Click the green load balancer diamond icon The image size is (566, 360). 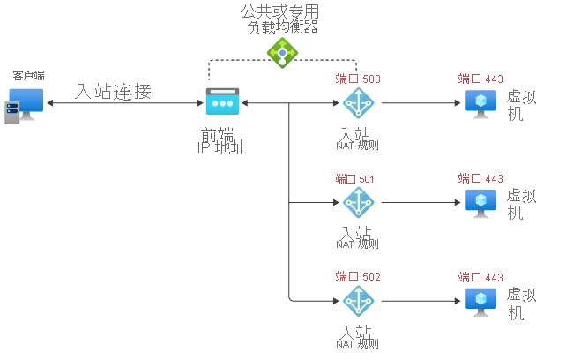tap(282, 53)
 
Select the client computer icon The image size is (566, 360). tap(24, 105)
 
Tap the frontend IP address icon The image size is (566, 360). tap(222, 102)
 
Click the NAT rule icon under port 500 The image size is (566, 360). tap(358, 103)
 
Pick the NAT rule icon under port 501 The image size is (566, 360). tap(358, 202)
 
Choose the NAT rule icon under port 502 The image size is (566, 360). tap(358, 301)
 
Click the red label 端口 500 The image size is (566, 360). tap(358, 79)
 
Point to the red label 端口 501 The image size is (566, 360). tap(355, 179)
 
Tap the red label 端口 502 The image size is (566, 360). tap(358, 277)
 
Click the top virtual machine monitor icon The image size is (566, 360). tap(481, 103)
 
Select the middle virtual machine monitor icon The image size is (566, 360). tap(481, 202)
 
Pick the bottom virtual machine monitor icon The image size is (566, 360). tap(481, 301)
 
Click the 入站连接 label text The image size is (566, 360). tap(114, 91)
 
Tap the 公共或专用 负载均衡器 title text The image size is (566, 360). tap(280, 19)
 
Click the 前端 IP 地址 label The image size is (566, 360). tap(221, 141)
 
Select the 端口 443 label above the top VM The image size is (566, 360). tap(480, 79)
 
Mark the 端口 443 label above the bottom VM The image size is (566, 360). tap(480, 277)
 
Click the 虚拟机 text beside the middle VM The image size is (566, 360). tap(522, 204)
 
